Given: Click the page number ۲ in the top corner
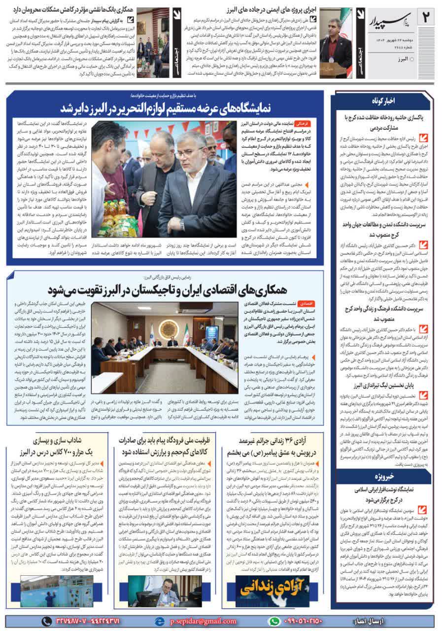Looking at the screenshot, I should pos(426,18).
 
